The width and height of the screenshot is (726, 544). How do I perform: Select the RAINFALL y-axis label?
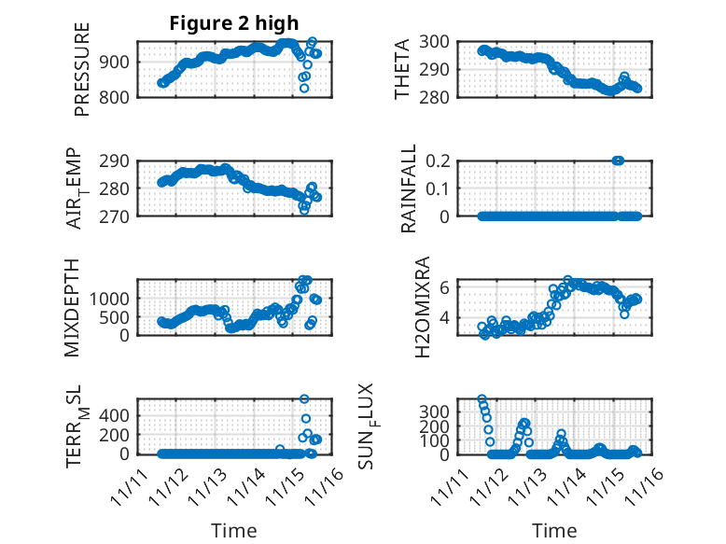[x=409, y=188]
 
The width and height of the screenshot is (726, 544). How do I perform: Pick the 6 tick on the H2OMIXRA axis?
[x=449, y=286]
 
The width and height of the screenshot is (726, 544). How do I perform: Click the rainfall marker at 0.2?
[x=618, y=160]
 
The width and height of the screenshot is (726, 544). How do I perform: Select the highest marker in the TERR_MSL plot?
[x=305, y=398]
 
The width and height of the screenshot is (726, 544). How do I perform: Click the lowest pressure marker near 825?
[x=304, y=88]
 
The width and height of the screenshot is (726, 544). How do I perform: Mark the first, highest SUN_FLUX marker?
[x=482, y=399]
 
